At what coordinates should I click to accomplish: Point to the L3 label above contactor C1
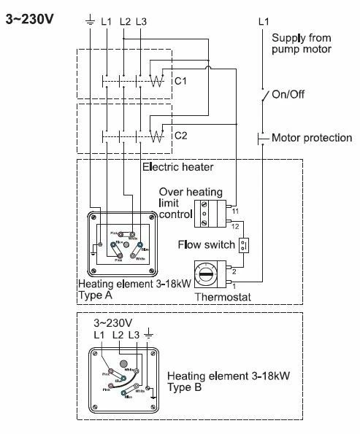pyautogui.click(x=141, y=22)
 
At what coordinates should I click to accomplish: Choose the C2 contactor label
pyautogui.click(x=180, y=135)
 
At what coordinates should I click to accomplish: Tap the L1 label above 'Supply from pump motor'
pyautogui.click(x=264, y=23)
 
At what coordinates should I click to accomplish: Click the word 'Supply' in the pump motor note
pyautogui.click(x=287, y=38)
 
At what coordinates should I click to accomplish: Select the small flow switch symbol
pyautogui.click(x=246, y=244)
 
